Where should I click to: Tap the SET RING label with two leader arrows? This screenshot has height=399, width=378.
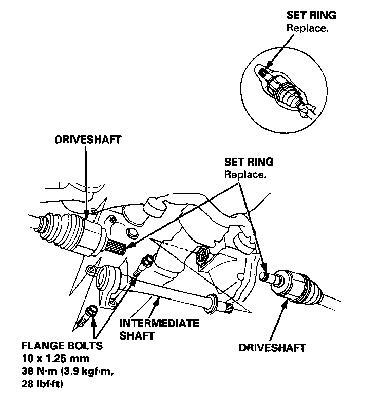(249, 163)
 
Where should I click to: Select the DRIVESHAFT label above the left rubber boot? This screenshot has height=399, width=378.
(89, 139)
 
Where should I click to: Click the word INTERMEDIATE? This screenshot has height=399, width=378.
(159, 324)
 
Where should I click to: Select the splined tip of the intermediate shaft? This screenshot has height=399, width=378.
(227, 307)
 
